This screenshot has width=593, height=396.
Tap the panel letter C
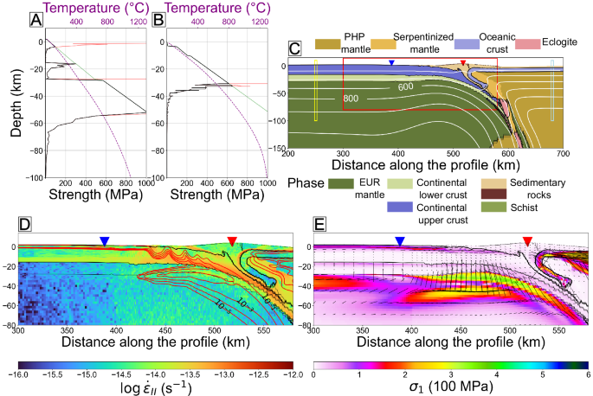(x=294, y=50)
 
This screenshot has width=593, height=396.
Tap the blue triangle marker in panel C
(x=392, y=64)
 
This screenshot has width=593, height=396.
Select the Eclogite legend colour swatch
(x=525, y=42)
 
